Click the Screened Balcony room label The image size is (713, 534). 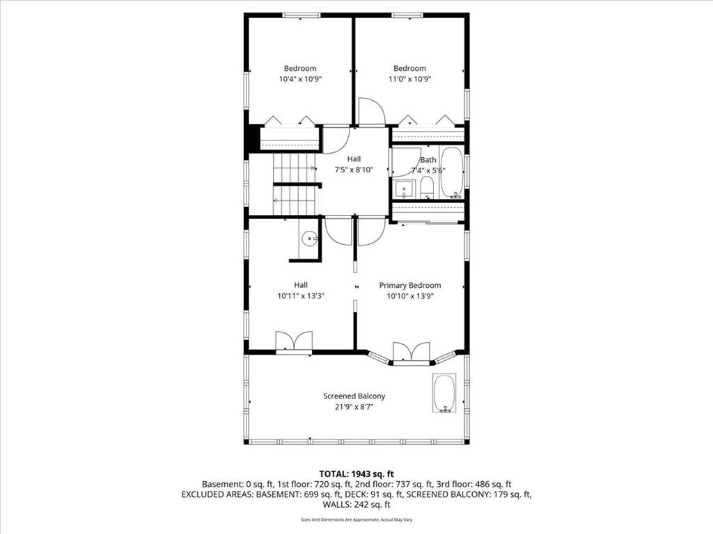tap(354, 396)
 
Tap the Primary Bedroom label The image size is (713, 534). tap(409, 285)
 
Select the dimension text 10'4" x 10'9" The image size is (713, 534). tap(300, 79)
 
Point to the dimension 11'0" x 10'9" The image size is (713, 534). tap(409, 79)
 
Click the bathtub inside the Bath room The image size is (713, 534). tap(452, 172)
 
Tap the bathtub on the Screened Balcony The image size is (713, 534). tap(444, 394)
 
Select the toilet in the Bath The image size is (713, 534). tap(427, 188)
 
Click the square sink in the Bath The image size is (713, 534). tap(404, 189)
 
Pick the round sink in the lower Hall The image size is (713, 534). tap(310, 238)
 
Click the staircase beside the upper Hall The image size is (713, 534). tap(295, 184)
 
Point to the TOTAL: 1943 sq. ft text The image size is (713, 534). tap(356, 474)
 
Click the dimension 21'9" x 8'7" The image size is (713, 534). tap(354, 407)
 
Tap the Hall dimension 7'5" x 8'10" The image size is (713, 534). tap(354, 170)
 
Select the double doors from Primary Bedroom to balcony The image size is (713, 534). tap(411, 353)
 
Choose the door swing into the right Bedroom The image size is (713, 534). tap(372, 111)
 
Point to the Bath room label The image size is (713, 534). tap(428, 160)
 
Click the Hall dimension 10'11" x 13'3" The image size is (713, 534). tap(301, 296)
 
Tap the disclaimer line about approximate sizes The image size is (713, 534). tap(356, 519)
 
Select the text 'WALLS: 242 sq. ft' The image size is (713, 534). tap(356, 505)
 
